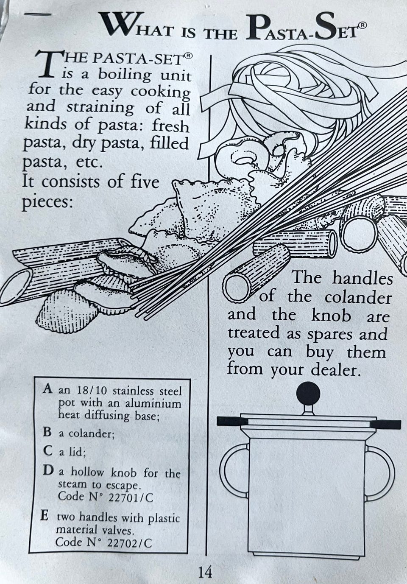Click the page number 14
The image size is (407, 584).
pos(205,572)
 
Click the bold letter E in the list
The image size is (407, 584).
pos(44,517)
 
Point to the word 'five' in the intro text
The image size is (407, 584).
pos(142,182)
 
